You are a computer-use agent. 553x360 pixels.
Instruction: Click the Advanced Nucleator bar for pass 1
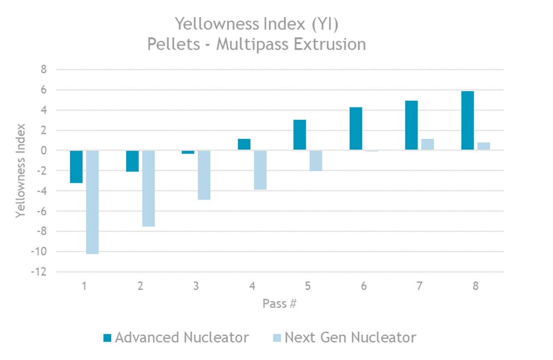(x=76, y=166)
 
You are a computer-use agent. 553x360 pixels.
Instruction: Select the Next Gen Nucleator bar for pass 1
(x=93, y=202)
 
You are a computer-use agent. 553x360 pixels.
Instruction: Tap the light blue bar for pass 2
(x=149, y=188)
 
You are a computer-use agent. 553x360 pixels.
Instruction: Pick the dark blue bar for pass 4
(x=244, y=144)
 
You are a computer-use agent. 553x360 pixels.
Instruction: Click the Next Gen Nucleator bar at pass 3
(x=204, y=175)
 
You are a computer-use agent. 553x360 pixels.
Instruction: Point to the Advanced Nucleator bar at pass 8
(x=468, y=121)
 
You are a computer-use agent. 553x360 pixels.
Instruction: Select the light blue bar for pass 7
(x=428, y=144)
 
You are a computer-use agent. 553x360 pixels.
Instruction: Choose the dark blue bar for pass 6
(x=356, y=129)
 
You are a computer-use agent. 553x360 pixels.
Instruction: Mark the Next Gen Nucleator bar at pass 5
(x=316, y=161)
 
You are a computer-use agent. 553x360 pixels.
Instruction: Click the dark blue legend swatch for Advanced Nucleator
(x=107, y=338)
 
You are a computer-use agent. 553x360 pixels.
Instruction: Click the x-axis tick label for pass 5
(x=308, y=286)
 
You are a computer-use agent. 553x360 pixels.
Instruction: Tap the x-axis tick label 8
(x=475, y=286)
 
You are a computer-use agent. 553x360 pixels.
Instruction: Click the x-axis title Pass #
(x=280, y=304)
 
